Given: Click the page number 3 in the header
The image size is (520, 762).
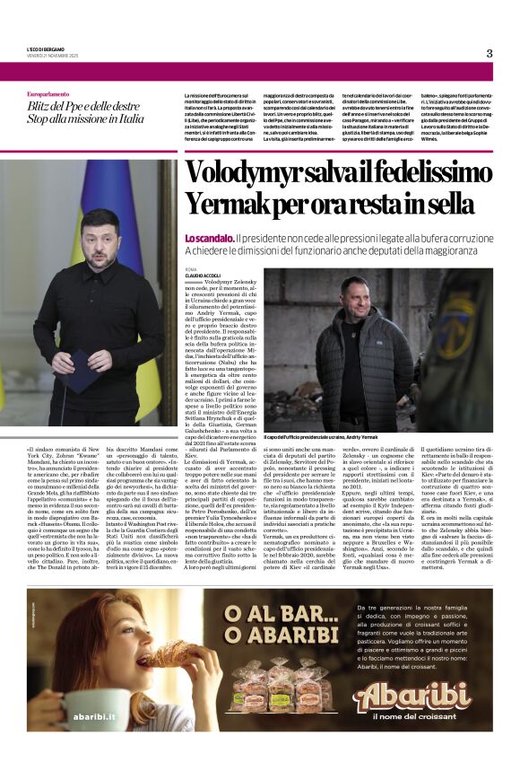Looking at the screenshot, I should (x=490, y=53).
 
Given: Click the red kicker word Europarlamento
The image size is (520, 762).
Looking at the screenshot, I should (x=52, y=94).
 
